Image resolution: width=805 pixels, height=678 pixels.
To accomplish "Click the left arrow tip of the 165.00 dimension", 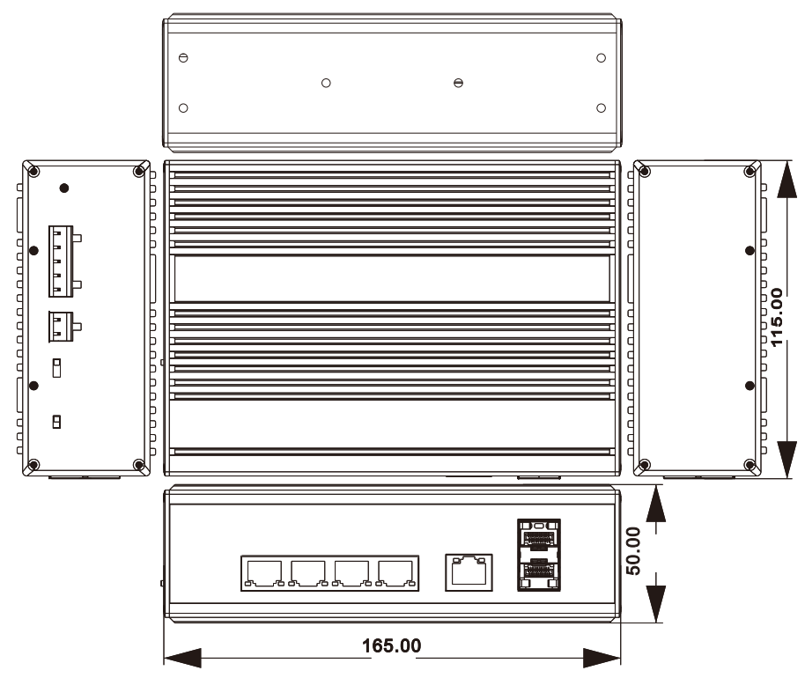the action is click(164, 658).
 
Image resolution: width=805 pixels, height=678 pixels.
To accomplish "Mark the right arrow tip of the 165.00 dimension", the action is click(620, 658).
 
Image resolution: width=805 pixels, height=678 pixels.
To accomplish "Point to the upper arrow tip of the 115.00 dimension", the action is click(787, 160).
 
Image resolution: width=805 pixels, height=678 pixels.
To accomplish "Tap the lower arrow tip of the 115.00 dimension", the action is click(787, 478).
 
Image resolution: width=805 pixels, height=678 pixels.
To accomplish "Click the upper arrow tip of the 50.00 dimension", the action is click(655, 485).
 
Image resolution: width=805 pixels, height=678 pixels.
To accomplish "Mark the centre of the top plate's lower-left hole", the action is click(183, 107).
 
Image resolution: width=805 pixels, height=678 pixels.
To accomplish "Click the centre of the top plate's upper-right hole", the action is click(602, 58).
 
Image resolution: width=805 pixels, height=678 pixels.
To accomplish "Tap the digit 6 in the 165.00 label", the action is click(379, 645).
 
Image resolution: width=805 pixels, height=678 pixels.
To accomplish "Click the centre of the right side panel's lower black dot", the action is click(750, 386).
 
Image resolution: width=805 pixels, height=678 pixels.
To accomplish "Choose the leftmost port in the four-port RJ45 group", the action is click(264, 573).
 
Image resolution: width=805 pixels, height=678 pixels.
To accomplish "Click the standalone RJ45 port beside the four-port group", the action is click(469, 572).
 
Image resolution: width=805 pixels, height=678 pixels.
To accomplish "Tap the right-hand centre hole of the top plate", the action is click(459, 83).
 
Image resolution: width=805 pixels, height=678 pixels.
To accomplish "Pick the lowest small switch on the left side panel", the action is click(56, 422).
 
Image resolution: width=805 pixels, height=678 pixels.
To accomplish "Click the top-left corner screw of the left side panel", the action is click(33, 172).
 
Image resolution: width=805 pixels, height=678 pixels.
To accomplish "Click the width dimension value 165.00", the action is click(392, 645).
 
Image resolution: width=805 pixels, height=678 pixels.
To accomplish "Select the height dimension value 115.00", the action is click(777, 317).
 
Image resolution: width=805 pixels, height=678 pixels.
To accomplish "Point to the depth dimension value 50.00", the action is click(633, 550).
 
